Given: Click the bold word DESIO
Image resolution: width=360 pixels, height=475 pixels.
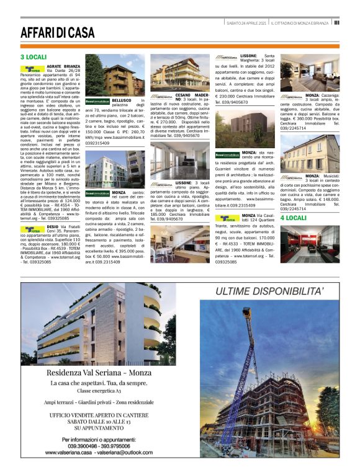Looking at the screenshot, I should coord(54,227).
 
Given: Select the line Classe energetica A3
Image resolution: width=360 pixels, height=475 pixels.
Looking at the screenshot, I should coord(104,391).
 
